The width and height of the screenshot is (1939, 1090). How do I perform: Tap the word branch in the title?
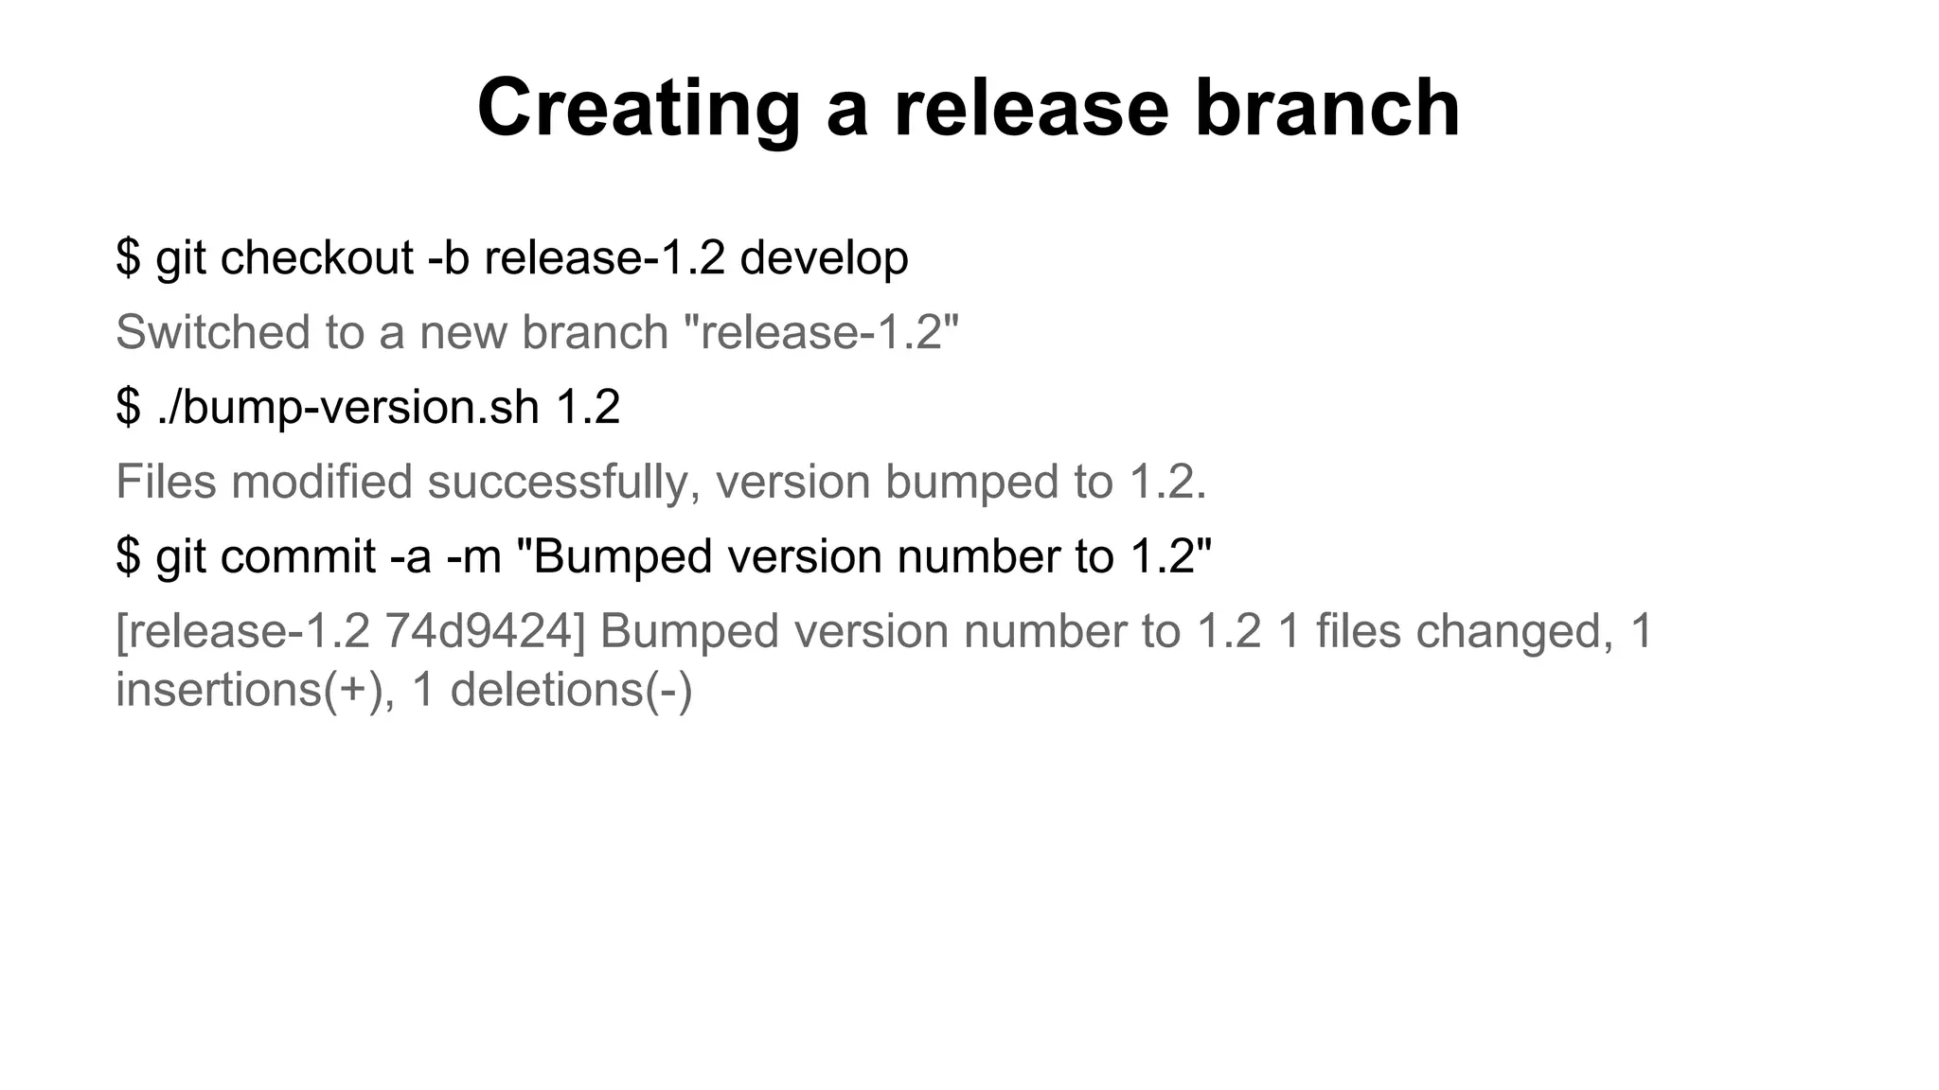[x=1327, y=109]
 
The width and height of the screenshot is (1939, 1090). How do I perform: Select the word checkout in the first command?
[x=316, y=257]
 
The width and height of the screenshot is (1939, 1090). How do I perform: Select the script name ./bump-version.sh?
[x=347, y=408]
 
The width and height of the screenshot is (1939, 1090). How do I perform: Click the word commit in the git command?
[x=298, y=556]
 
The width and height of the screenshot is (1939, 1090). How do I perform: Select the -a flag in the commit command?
[x=411, y=556]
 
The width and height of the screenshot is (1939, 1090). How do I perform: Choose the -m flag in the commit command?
[x=473, y=556]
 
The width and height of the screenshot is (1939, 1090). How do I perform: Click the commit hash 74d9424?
[x=485, y=631]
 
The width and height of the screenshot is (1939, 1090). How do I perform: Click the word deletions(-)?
[x=572, y=690]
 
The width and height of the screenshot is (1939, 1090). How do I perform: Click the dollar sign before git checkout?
[x=128, y=257]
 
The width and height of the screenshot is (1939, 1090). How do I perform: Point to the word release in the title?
[x=1031, y=109]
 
